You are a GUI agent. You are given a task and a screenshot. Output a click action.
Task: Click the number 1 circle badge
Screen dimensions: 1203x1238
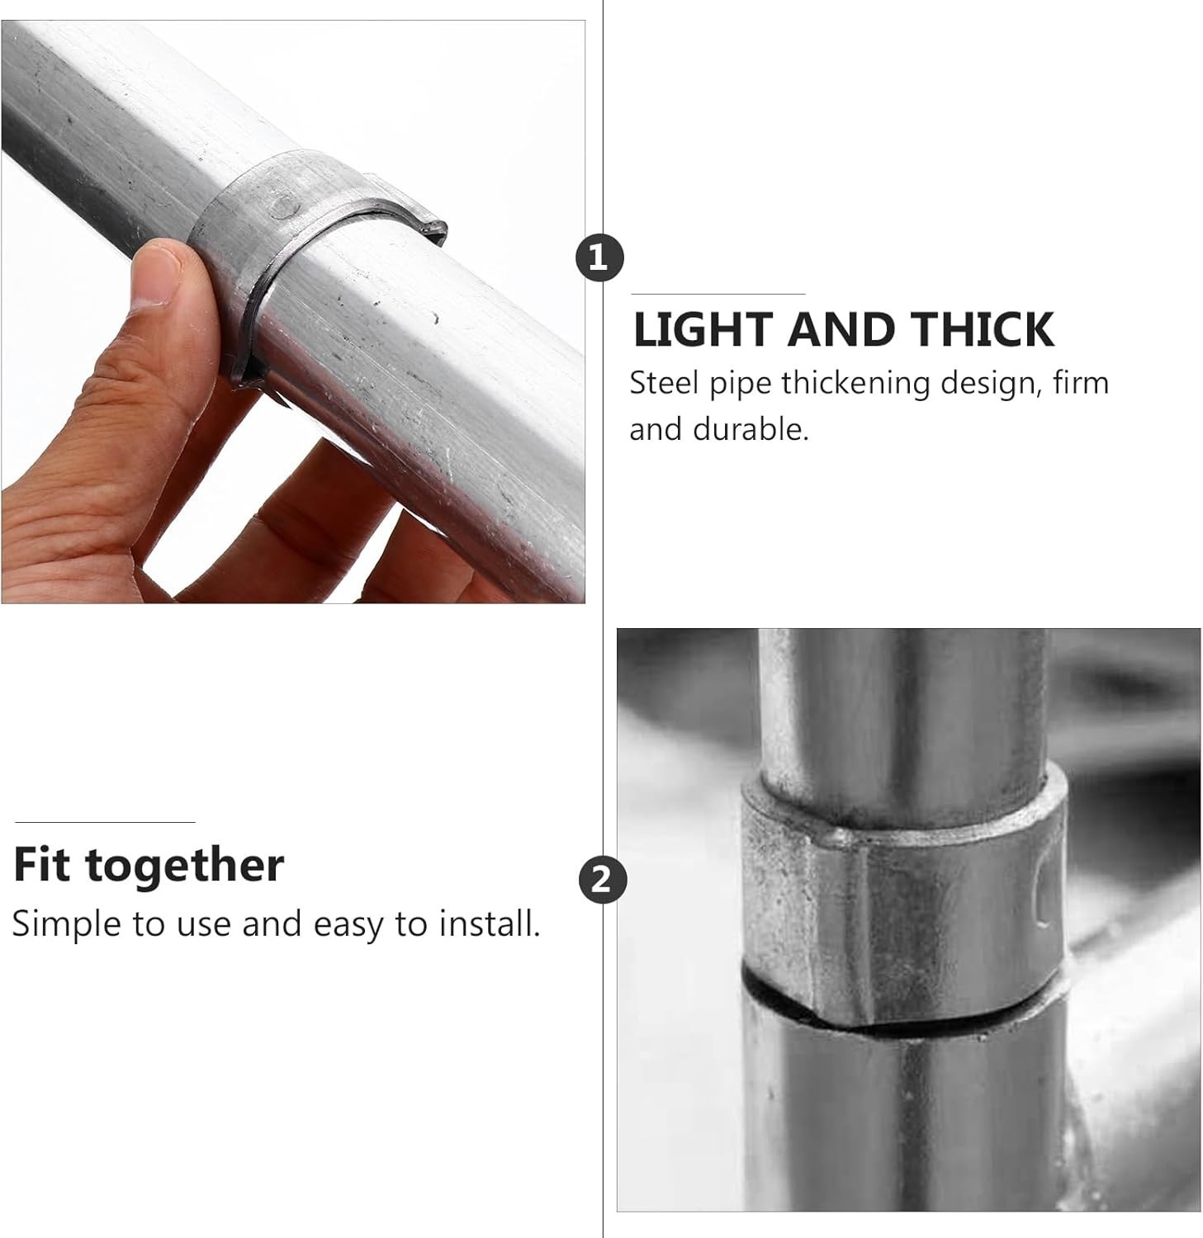pyautogui.click(x=599, y=258)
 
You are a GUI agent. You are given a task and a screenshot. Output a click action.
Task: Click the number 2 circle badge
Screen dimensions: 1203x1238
pyautogui.click(x=602, y=880)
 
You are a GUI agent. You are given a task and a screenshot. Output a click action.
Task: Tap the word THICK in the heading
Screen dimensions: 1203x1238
pyautogui.click(x=983, y=329)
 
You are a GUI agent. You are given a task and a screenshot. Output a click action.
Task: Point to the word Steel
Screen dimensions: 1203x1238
pyautogui.click(x=661, y=383)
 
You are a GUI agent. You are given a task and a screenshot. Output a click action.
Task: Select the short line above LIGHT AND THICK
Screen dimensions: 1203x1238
pyautogui.click(x=718, y=294)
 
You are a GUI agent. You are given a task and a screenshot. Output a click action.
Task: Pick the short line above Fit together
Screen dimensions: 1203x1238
pyautogui.click(x=105, y=822)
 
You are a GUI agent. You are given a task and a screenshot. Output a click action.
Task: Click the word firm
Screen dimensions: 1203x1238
pyautogui.click(x=1081, y=383)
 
